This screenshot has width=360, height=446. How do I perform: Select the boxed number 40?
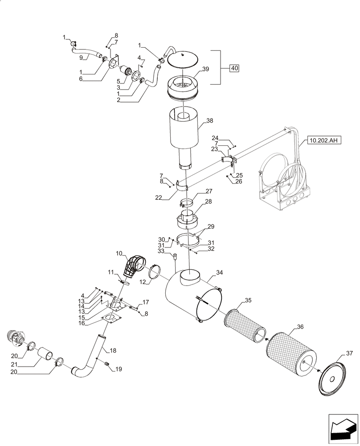coord(234,68)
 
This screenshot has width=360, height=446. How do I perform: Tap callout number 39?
coord(205,69)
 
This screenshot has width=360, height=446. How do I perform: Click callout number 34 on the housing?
coord(219,273)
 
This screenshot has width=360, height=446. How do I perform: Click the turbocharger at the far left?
coord(17,339)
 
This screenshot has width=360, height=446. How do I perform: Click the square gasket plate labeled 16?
coord(111,318)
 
